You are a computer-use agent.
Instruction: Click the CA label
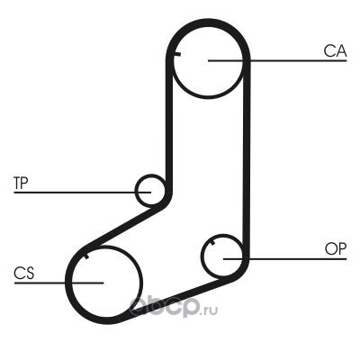click(x=335, y=51)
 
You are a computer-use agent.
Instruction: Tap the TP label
click(x=21, y=184)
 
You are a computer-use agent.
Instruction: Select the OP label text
click(x=336, y=248)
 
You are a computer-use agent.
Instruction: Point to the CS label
click(x=24, y=273)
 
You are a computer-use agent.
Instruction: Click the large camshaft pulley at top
click(x=208, y=97)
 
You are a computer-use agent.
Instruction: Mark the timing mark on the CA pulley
click(x=177, y=54)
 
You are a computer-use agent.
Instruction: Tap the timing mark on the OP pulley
click(x=213, y=242)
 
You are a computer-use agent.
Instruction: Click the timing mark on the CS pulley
click(x=86, y=256)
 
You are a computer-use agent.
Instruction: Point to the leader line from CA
click(x=277, y=61)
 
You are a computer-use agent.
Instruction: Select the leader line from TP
click(x=83, y=192)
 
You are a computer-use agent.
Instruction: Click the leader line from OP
click(x=285, y=258)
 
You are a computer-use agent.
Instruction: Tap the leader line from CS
click(x=58, y=283)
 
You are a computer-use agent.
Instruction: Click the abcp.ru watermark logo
click(x=173, y=307)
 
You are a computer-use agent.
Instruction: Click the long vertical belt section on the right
click(x=247, y=159)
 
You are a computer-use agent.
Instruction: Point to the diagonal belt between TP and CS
click(x=124, y=227)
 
